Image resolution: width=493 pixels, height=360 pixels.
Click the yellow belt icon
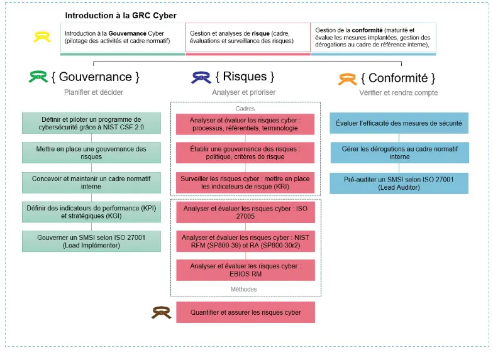pyautogui.click(x=42, y=37)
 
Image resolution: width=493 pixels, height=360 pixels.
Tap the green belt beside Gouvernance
pyautogui.click(x=38, y=77)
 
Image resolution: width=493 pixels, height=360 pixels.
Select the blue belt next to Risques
pyautogui.click(x=201, y=77)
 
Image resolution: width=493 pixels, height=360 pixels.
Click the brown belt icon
pyautogui.click(x=161, y=312)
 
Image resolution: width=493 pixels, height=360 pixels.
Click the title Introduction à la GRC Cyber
pyautogui.click(x=121, y=14)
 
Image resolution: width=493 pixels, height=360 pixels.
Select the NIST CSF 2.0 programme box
pyautogui.click(x=91, y=124)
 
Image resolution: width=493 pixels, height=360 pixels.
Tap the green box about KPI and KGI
pyautogui.click(x=91, y=212)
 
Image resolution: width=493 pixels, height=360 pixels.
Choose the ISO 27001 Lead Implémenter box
pyautogui.click(x=91, y=241)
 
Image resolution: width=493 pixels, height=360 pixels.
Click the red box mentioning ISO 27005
pyautogui.click(x=245, y=212)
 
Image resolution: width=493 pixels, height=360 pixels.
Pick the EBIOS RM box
pyautogui.click(x=245, y=270)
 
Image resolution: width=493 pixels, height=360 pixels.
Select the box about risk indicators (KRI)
pyautogui.click(x=245, y=183)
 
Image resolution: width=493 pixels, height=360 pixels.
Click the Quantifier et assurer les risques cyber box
pyautogui.click(x=245, y=312)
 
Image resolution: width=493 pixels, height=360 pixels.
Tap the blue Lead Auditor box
pyautogui.click(x=399, y=183)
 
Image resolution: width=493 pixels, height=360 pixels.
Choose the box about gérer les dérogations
pyautogui.click(x=399, y=153)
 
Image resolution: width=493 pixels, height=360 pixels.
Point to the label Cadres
pyautogui.click(x=245, y=107)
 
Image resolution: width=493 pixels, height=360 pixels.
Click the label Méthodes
pyautogui.click(x=245, y=290)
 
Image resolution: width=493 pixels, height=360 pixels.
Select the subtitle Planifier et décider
pyautogui.click(x=94, y=92)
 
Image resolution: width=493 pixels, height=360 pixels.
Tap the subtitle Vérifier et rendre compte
pyautogui.click(x=399, y=92)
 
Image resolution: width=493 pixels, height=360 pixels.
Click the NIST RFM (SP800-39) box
pyautogui.click(x=245, y=241)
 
